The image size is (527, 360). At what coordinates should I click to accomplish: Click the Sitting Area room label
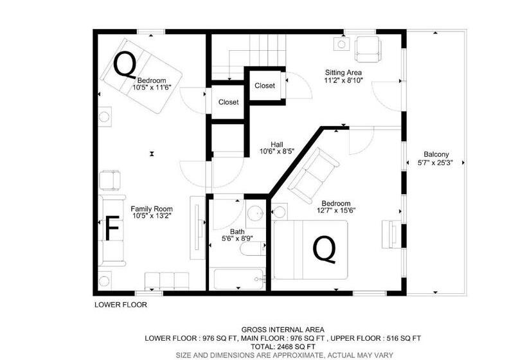(x=343, y=72)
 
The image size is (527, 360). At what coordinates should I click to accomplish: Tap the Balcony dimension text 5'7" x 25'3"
(x=436, y=163)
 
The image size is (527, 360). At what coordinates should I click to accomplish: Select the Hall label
(x=276, y=145)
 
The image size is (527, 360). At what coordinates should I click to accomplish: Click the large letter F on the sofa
(x=112, y=229)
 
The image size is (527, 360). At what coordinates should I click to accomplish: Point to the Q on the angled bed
(x=125, y=65)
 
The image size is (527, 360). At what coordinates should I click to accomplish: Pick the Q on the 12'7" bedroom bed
(x=325, y=249)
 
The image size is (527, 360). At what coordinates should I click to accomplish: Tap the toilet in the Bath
(x=253, y=249)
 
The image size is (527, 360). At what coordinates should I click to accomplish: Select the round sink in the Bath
(x=256, y=213)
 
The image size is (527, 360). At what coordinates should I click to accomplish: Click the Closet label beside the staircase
(x=265, y=85)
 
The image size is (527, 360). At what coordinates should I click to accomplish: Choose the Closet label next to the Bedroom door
(x=228, y=102)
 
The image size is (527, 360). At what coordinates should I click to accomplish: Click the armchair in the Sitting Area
(x=368, y=49)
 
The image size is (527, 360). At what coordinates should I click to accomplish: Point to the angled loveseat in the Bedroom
(x=314, y=175)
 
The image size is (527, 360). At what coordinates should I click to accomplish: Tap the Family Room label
(x=152, y=209)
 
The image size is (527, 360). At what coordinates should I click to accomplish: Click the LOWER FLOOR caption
(x=121, y=305)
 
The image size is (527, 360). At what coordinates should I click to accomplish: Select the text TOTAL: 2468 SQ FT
(x=283, y=346)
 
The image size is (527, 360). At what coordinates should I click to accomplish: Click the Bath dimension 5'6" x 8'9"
(x=237, y=239)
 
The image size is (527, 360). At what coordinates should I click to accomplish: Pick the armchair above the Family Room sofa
(x=111, y=181)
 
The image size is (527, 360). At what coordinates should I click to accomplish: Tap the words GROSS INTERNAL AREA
(x=283, y=330)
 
